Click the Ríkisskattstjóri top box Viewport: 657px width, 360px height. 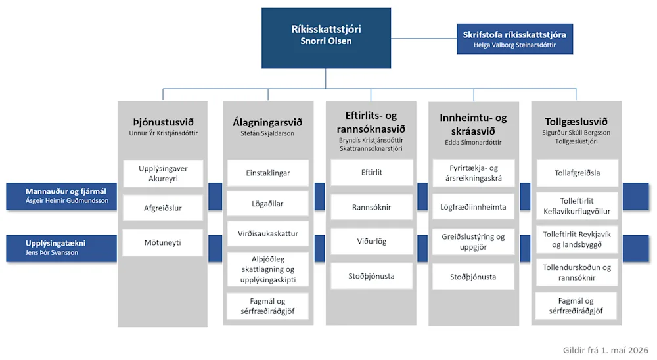(326, 37)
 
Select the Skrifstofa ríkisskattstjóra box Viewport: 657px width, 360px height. (514, 39)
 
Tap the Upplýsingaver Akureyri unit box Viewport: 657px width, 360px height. (163, 173)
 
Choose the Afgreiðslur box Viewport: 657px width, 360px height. (163, 208)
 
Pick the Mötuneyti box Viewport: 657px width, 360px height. (162, 242)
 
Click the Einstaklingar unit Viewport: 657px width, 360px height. (268, 173)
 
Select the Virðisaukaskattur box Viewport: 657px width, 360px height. (268, 233)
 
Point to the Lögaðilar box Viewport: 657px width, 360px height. (268, 204)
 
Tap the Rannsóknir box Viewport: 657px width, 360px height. (372, 207)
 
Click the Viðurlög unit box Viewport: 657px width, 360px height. (372, 241)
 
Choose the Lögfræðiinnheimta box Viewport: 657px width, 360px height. (473, 207)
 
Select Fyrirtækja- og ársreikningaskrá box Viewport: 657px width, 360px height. (474, 173)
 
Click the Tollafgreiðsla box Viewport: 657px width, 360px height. (577, 173)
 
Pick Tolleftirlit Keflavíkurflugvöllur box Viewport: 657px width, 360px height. (577, 206)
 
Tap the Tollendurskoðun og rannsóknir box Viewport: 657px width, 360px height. (577, 273)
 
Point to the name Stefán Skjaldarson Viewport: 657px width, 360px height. (267, 133)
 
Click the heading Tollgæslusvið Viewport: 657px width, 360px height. (576, 122)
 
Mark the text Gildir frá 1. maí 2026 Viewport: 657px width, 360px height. (606, 350)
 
